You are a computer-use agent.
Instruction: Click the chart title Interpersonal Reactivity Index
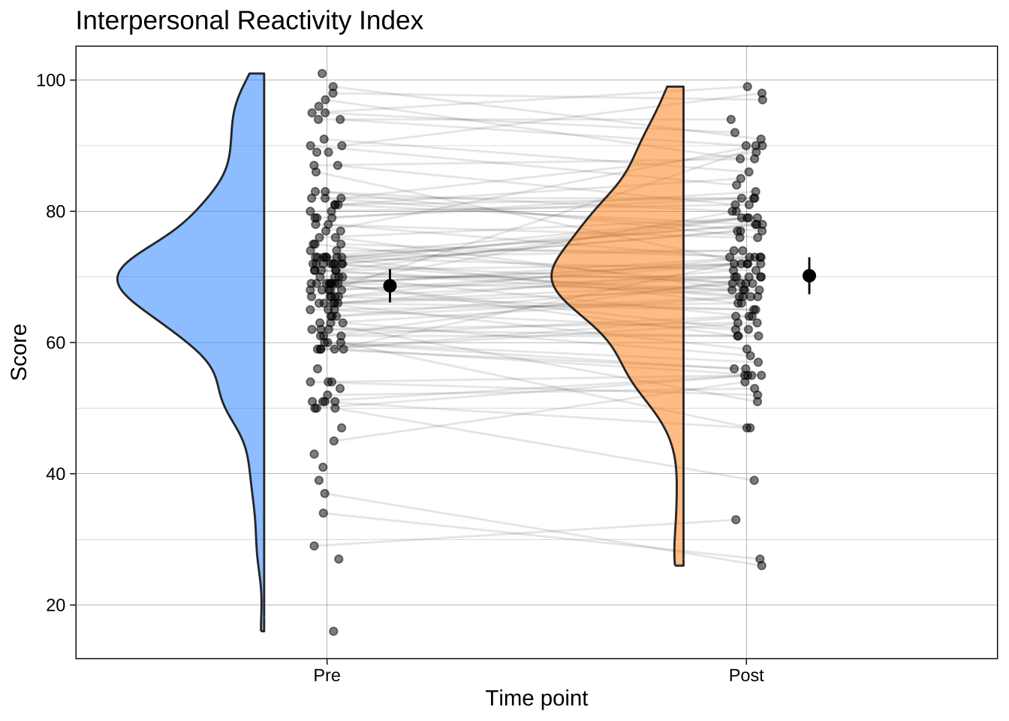[249, 21]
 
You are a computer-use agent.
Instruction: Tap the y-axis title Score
[20, 351]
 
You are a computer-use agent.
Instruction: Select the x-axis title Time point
[536, 698]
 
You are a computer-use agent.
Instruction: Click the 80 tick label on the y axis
[56, 212]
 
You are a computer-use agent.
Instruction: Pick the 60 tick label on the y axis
[56, 342]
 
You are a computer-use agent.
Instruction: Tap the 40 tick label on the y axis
[56, 474]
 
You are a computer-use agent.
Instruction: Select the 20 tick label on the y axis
[56, 605]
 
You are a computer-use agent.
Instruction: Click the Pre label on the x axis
[327, 676]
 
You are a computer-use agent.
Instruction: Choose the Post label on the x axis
[746, 676]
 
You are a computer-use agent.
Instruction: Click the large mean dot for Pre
[390, 285]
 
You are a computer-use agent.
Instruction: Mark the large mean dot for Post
[809, 276]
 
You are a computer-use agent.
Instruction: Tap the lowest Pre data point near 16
[333, 631]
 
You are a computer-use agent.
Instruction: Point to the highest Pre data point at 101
[322, 74]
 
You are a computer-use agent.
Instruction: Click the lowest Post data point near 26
[762, 566]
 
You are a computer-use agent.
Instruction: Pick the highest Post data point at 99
[747, 86]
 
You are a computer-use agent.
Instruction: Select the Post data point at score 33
[736, 520]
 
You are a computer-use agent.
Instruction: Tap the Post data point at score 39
[754, 480]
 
